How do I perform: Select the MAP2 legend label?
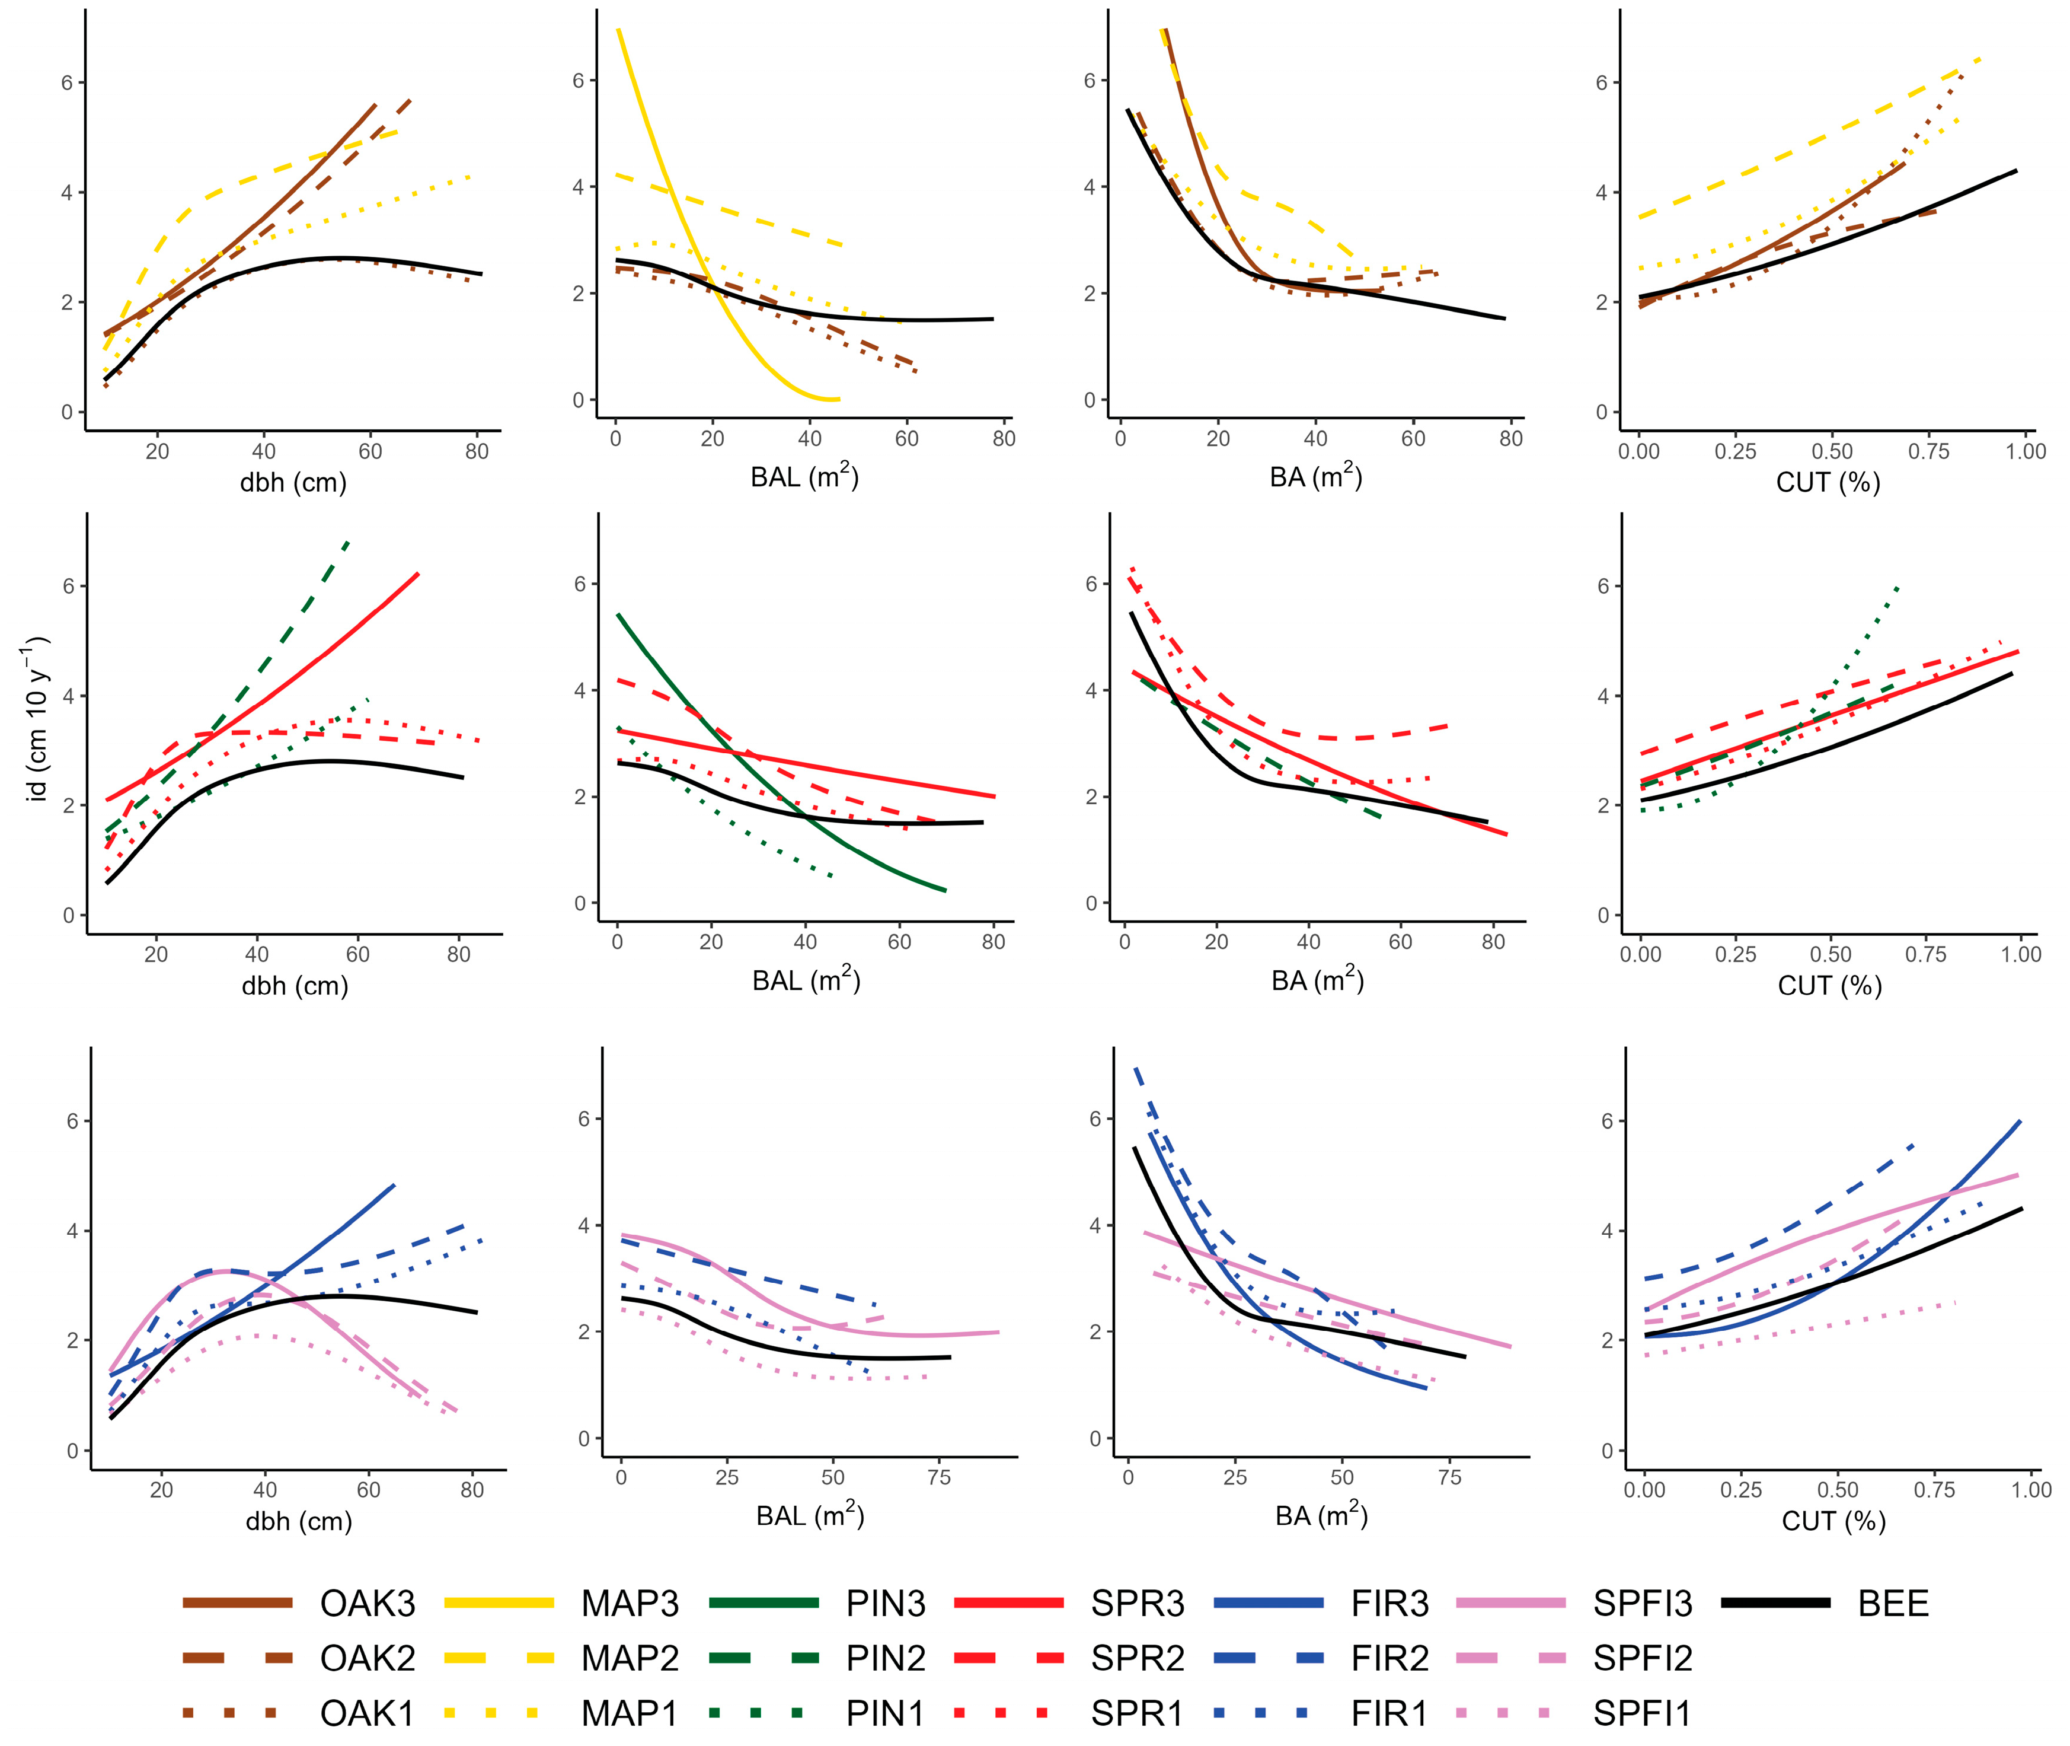tap(630, 1658)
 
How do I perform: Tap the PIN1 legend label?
tap(884, 1712)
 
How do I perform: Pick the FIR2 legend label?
tap(1390, 1658)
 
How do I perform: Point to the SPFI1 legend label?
tap(1641, 1712)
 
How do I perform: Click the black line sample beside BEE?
tap(1776, 1602)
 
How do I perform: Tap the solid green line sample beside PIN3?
tap(764, 1602)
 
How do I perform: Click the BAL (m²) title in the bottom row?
tap(810, 1515)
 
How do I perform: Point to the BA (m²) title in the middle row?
tap(1317, 980)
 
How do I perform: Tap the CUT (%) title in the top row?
tap(1828, 483)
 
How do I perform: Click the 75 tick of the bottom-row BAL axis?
tap(939, 1478)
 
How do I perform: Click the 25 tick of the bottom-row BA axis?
tap(1235, 1478)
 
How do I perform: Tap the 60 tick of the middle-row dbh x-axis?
tap(357, 954)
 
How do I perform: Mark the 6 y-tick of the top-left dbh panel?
tap(68, 82)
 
